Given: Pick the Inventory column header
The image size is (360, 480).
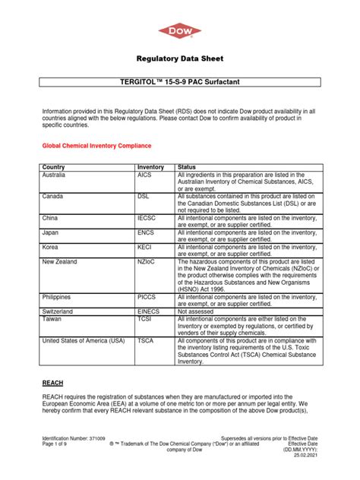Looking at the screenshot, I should pos(150,167).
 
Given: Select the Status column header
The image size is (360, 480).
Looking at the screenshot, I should pos(187,167).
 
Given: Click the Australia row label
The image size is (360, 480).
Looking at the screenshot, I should pos(56,175).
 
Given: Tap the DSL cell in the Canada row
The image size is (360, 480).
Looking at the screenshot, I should pos(144,196).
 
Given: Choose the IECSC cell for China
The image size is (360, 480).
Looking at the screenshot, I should pos(147,217).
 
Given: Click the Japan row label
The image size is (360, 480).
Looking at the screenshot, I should pos(52,232).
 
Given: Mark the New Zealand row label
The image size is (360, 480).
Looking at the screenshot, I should pos(61,261).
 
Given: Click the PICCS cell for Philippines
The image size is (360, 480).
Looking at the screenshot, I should pos(147,297).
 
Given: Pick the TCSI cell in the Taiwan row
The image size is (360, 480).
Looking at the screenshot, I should pos(144,319).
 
